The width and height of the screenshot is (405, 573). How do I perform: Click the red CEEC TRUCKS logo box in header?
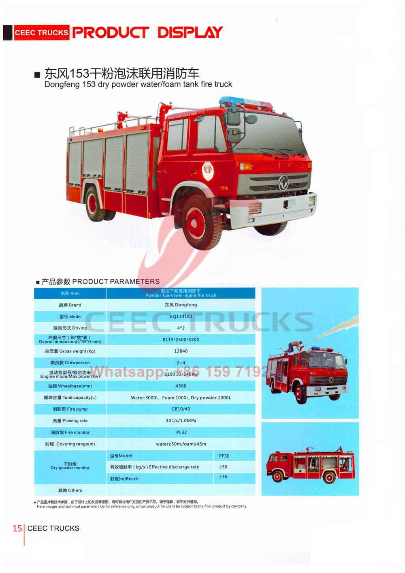pyautogui.click(x=41, y=33)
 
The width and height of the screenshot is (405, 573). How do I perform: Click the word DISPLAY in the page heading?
pyautogui.click(x=190, y=32)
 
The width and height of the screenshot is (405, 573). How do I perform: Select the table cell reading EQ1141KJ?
pyautogui.click(x=181, y=316)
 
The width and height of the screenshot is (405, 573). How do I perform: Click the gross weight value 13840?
pyautogui.click(x=181, y=351)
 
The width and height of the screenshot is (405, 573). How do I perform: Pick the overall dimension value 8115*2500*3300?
pyautogui.click(x=181, y=340)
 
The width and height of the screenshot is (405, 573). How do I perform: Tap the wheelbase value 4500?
pyautogui.click(x=181, y=386)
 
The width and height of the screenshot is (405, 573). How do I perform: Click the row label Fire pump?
pyautogui.click(x=70, y=409)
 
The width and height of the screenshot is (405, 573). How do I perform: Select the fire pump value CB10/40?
pyautogui.click(x=181, y=409)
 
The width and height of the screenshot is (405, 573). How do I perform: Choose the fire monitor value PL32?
pyautogui.click(x=181, y=432)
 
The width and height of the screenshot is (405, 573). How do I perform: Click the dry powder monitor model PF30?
pyautogui.click(x=224, y=456)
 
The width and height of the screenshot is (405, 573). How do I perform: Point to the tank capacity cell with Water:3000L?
pyautogui.click(x=181, y=398)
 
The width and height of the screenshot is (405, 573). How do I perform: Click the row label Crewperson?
pyautogui.click(x=70, y=363)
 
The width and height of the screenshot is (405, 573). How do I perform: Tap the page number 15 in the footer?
pyautogui.click(x=17, y=528)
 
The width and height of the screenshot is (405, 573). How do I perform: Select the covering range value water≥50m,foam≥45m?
pyautogui.click(x=181, y=444)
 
